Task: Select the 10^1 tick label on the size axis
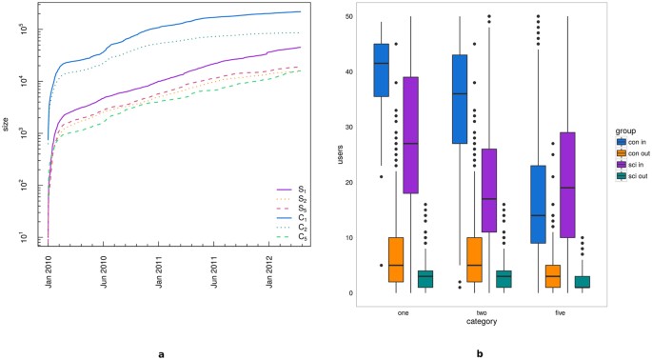coord(28,236)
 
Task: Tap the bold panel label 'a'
coord(160,353)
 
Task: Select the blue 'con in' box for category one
coord(382,70)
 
